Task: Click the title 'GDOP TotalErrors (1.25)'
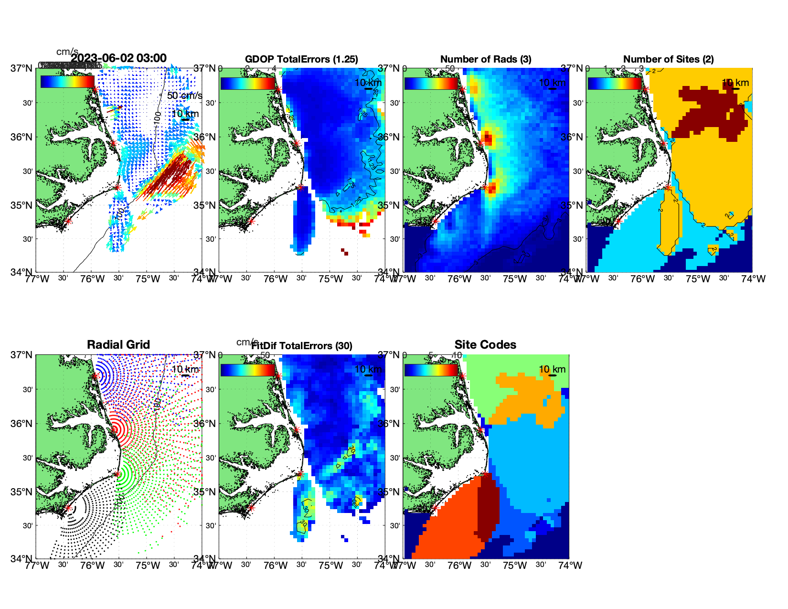tap(301, 59)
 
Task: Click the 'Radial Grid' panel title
tap(118, 345)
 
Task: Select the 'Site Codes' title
tap(485, 345)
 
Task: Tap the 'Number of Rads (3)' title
tap(485, 59)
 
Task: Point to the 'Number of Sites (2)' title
tap(668, 59)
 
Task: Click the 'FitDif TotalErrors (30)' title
tap(302, 346)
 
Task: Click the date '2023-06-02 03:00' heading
tap(119, 58)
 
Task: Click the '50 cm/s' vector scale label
tap(184, 96)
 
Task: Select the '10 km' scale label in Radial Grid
tap(185, 369)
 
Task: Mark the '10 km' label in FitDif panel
tap(368, 369)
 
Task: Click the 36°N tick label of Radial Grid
tap(22, 424)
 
